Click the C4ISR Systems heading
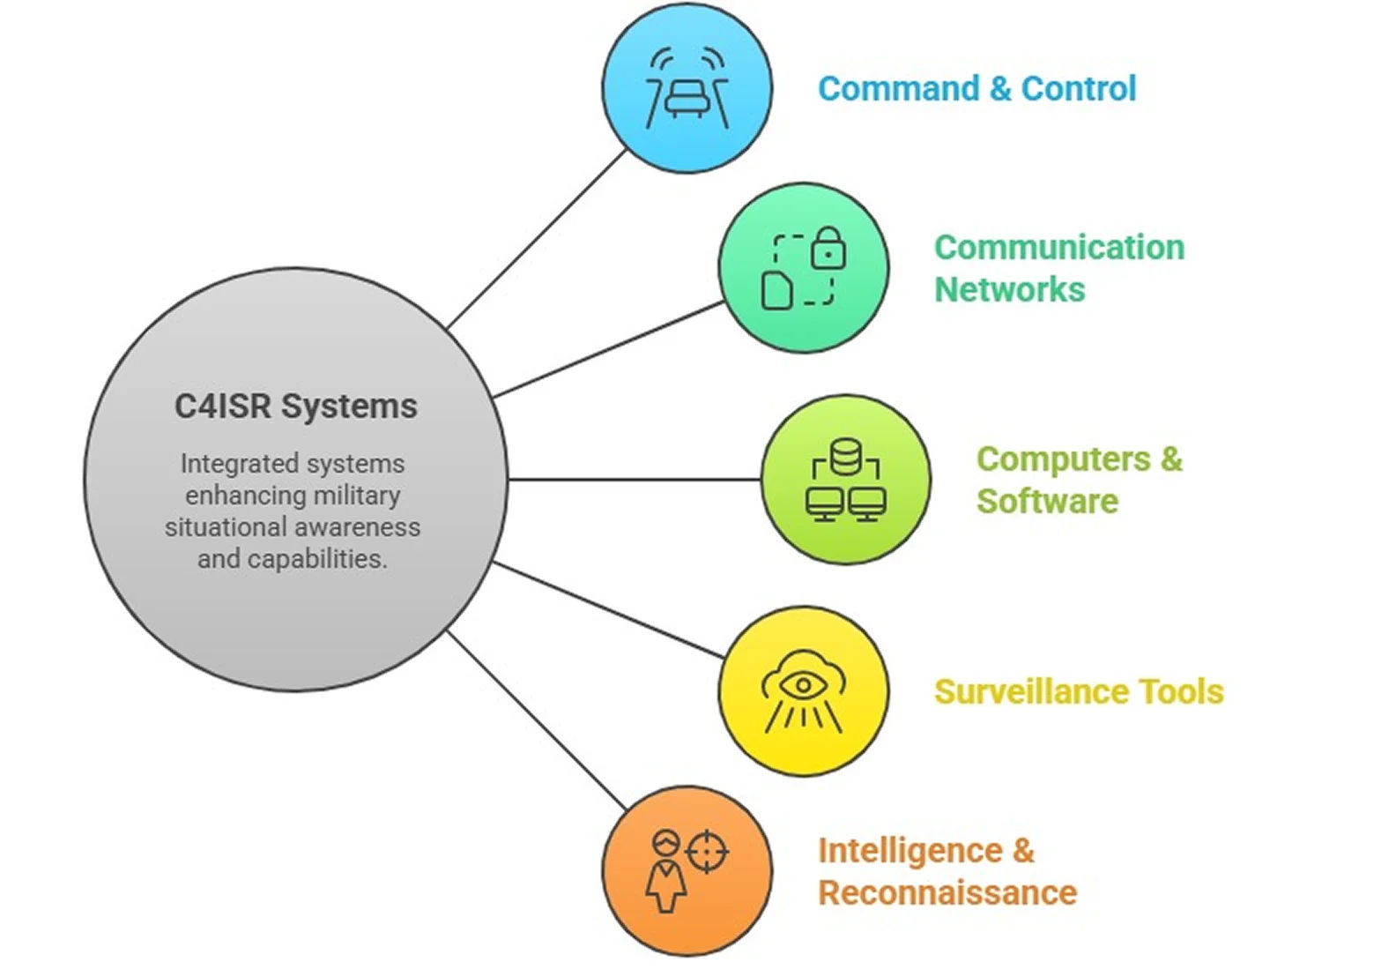tap(295, 406)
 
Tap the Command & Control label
tap(976, 89)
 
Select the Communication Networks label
tap(1058, 268)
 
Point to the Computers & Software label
tap(1078, 480)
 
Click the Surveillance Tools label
tap(1078, 692)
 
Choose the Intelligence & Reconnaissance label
tap(947, 871)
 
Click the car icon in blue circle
tap(687, 97)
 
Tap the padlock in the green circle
tap(828, 249)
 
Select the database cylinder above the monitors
tap(845, 457)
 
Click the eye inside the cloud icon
tap(803, 685)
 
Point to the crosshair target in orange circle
tap(707, 853)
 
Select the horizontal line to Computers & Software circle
tap(635, 480)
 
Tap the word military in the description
tap(356, 496)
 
